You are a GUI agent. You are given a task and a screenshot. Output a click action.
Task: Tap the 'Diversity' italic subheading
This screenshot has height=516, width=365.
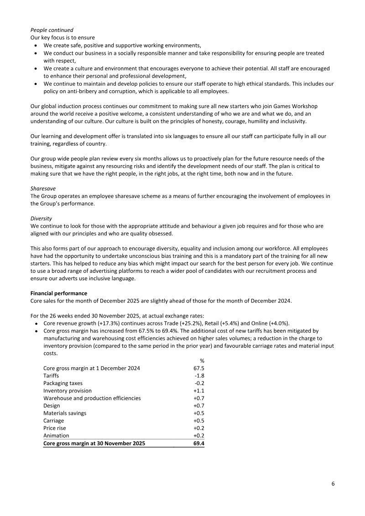41,218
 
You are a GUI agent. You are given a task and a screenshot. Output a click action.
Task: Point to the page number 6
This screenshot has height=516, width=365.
333,484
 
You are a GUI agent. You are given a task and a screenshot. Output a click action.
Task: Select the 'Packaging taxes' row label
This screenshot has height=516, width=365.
63,383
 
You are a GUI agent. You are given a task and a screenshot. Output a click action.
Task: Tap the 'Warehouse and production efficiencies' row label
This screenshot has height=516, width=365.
92,398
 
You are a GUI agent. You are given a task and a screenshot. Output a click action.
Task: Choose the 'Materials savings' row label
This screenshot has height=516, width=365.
65,413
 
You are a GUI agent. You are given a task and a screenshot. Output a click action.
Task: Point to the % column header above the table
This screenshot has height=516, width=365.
202,361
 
